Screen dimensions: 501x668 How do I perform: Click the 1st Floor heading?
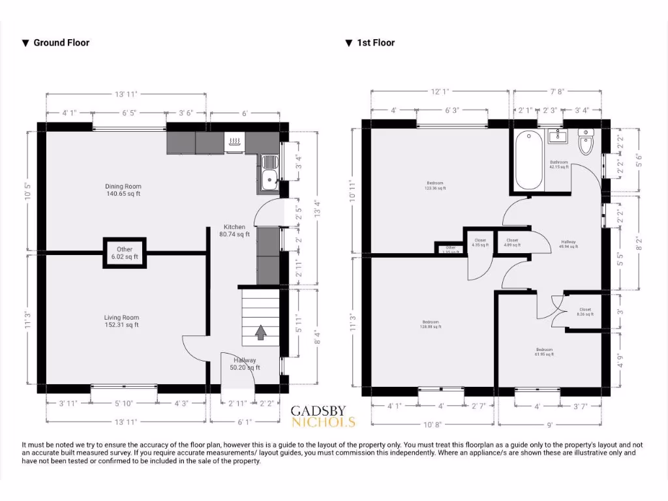pos(370,43)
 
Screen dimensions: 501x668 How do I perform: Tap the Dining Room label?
pos(123,190)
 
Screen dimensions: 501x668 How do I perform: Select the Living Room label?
pos(121,321)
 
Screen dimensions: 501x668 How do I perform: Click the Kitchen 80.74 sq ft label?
pos(234,231)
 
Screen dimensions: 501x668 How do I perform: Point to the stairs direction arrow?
pos(260,333)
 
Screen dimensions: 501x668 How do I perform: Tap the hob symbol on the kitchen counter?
pos(234,140)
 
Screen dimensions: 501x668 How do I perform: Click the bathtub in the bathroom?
pos(528,160)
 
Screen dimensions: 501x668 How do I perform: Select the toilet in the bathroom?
pos(586,142)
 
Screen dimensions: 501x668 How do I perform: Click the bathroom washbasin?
pos(556,136)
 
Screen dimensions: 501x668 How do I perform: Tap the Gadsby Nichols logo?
pos(323,416)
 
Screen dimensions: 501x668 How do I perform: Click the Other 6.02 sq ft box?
pos(125,253)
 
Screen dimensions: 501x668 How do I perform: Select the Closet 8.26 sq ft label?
pos(584,312)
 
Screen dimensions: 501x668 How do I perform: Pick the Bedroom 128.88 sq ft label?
pos(431,324)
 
